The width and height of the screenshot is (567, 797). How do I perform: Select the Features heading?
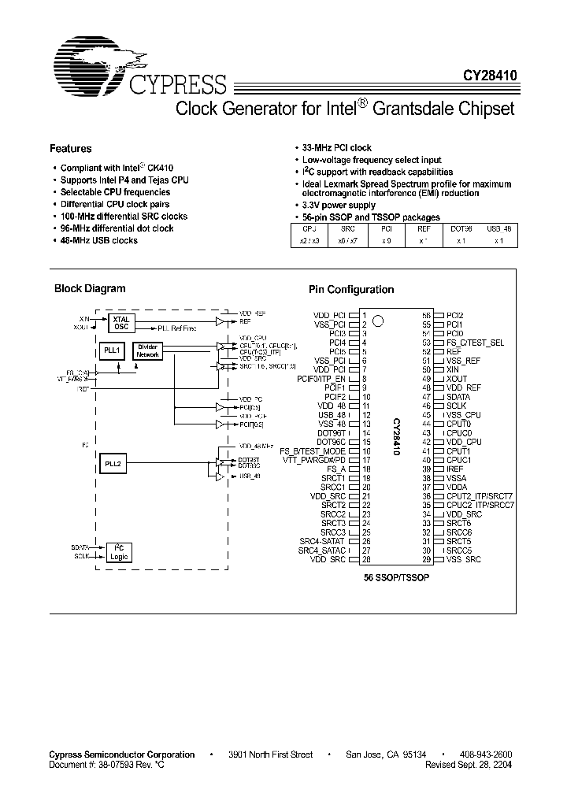click(x=71, y=149)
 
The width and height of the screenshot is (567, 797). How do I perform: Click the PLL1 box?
click(x=113, y=350)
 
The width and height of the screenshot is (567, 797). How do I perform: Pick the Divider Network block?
click(x=148, y=350)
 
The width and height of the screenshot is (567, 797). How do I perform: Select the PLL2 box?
click(x=113, y=464)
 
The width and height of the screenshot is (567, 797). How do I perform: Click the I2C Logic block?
click(x=119, y=551)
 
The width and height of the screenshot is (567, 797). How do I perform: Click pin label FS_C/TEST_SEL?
click(x=475, y=343)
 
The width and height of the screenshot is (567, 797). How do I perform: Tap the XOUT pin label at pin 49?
click(x=457, y=378)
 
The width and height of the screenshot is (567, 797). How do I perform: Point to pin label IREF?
click(x=455, y=468)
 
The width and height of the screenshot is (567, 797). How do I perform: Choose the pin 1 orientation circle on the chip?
click(x=378, y=321)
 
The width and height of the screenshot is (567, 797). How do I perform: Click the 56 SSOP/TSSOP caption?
click(x=396, y=577)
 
